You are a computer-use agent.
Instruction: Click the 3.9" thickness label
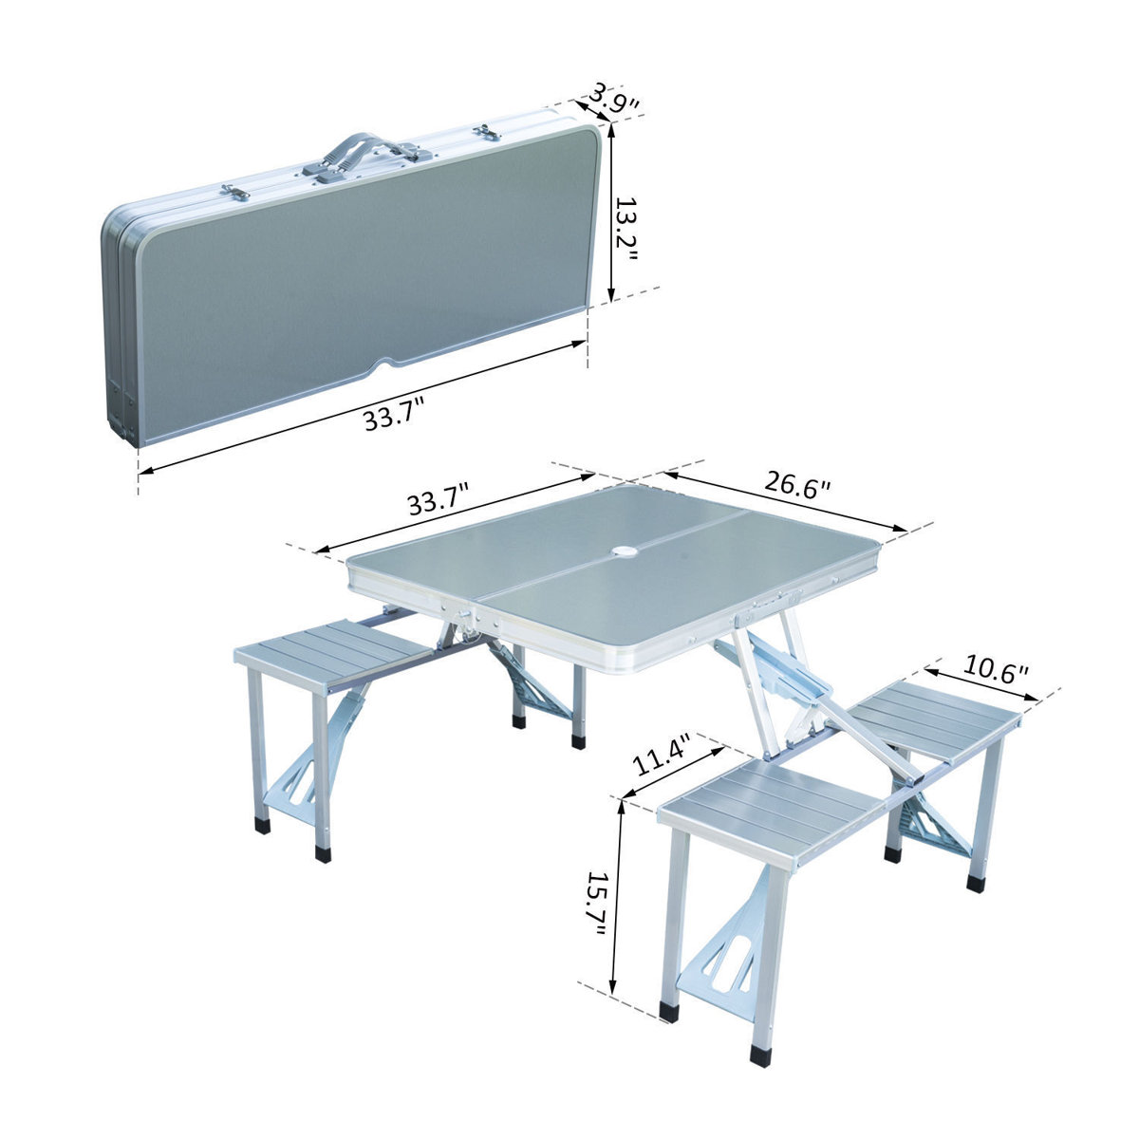click(611, 98)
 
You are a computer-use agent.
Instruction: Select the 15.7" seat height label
click(595, 905)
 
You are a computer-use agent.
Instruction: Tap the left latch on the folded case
click(233, 192)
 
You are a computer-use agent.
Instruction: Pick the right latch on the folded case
click(487, 132)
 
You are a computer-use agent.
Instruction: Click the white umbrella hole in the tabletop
click(626, 551)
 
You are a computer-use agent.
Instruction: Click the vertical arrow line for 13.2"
click(613, 214)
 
